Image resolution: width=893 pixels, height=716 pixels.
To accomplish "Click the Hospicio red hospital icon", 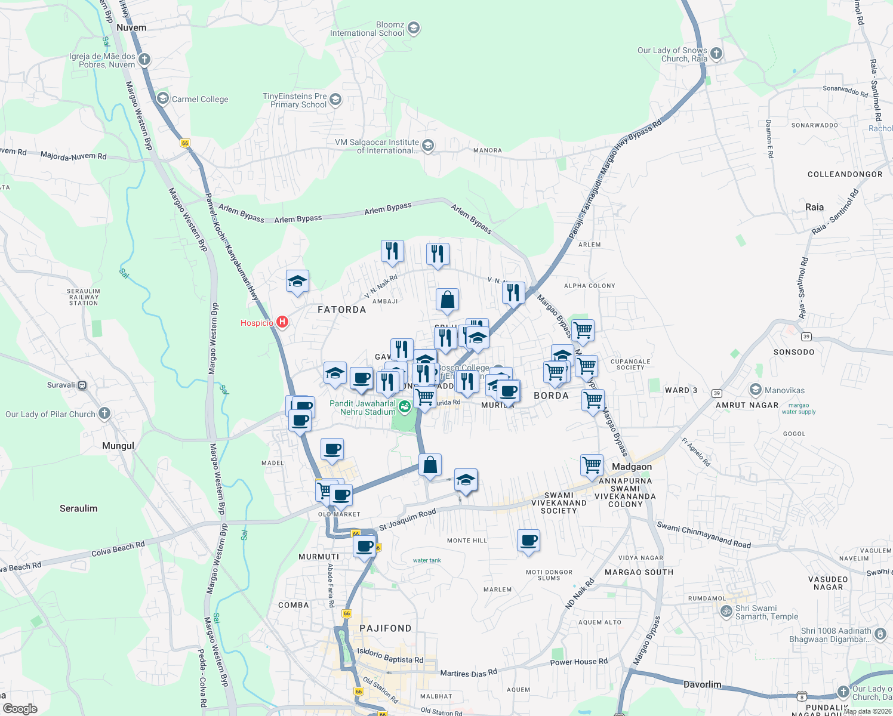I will point(282,322).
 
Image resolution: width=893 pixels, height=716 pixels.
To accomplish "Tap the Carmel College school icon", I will point(162,98).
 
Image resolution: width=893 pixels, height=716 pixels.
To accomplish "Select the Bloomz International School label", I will point(367,29).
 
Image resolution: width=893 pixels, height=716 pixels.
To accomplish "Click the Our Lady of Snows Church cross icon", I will point(716,54).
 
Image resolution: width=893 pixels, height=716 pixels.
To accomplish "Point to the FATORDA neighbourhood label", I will point(341,310).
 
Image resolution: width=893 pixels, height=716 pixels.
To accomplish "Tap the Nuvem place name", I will point(131,27).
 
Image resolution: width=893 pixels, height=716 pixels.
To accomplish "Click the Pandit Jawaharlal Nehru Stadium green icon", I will point(405,407).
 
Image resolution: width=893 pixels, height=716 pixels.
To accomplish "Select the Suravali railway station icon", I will point(82,385).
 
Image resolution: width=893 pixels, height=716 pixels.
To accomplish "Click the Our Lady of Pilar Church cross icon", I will point(104,413).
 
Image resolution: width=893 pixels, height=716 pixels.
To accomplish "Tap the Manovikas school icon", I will point(756,390).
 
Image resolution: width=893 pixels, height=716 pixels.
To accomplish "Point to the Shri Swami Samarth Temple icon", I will point(726,611).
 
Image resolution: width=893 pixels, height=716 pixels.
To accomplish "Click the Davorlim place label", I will point(702,684).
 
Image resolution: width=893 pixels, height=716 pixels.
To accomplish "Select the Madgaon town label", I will point(632,467).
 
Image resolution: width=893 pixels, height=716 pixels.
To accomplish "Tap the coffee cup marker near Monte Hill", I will point(528,541).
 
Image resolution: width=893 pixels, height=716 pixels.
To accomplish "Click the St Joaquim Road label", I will point(408,519).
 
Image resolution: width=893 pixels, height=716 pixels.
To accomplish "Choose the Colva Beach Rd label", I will point(118,548).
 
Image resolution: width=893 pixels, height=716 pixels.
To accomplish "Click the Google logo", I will point(20,708).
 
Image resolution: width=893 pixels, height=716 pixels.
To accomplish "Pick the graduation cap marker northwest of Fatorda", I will point(297,281).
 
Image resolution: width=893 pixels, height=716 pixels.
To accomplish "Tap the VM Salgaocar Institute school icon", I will point(427,145).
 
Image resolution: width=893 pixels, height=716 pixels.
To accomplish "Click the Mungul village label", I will point(118,446).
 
